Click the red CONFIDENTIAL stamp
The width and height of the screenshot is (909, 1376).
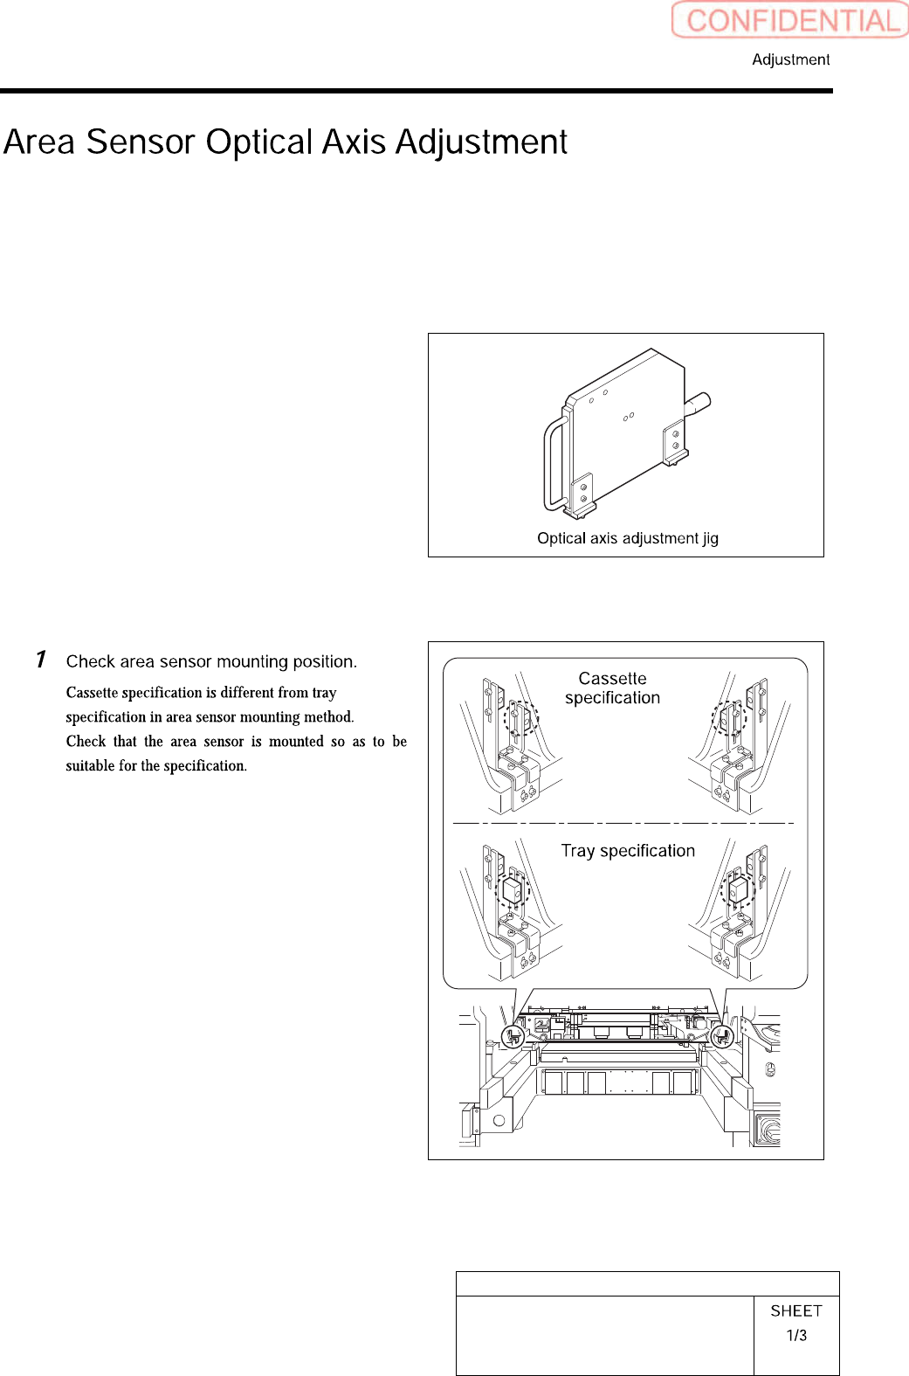(x=790, y=20)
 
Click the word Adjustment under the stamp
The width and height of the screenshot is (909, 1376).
(x=790, y=59)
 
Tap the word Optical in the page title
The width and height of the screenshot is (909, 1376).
(x=259, y=142)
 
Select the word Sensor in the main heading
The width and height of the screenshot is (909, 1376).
(x=140, y=142)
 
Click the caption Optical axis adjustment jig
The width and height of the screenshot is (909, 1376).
(x=627, y=538)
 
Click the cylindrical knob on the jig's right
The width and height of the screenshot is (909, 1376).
(x=698, y=405)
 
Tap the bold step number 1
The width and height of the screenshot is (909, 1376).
(x=40, y=660)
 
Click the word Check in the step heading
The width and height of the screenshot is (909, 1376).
(x=91, y=661)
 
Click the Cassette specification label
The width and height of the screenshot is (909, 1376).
(x=612, y=688)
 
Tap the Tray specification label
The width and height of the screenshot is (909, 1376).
(x=628, y=851)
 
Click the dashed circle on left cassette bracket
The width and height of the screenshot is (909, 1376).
(x=520, y=719)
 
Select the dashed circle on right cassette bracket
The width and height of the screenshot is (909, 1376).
(x=729, y=718)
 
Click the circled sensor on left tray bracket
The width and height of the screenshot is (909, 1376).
(x=513, y=891)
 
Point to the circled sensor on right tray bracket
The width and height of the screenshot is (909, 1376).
(x=737, y=890)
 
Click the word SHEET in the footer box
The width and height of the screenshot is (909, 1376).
(x=796, y=1310)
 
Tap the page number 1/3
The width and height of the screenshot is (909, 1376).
(x=796, y=1336)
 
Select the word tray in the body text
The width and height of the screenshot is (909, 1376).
(x=324, y=693)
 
